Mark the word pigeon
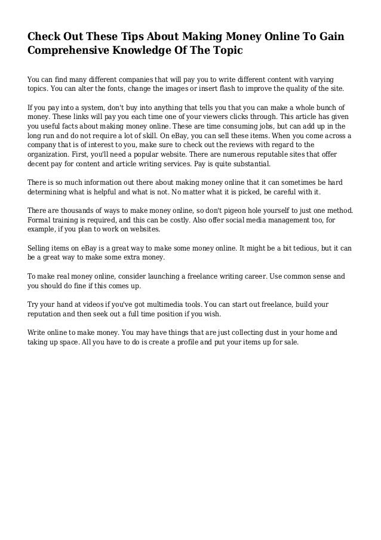(x=241, y=210)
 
